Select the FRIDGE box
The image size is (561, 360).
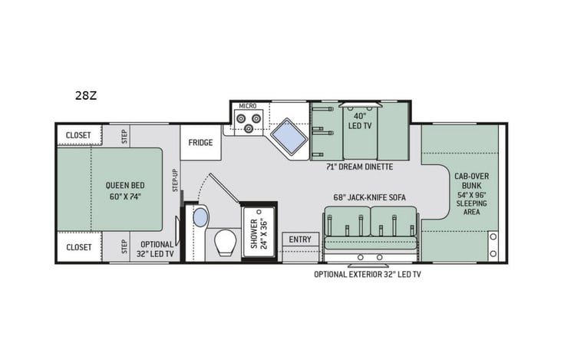(x=200, y=142)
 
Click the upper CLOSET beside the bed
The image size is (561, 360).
(x=78, y=135)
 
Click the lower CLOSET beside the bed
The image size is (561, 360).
(x=78, y=247)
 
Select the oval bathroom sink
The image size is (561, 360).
(x=200, y=217)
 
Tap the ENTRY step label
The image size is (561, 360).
(x=300, y=239)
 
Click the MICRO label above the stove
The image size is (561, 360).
(x=247, y=106)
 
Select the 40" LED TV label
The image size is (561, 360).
(x=360, y=122)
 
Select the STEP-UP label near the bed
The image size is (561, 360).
(x=174, y=181)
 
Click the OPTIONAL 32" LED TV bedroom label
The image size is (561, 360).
(x=156, y=247)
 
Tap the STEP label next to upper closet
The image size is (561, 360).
(x=124, y=135)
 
